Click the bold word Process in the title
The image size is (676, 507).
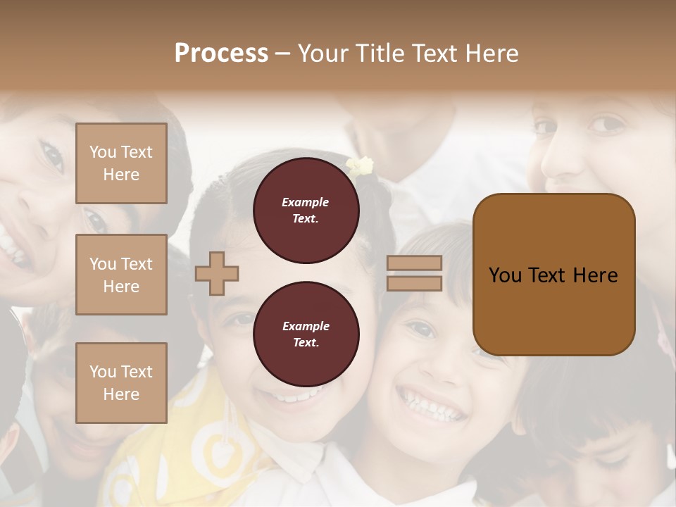coord(221,53)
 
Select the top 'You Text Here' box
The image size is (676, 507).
coord(121,163)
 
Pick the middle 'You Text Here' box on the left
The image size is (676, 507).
coord(121,275)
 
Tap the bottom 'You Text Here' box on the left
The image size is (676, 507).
coord(121,383)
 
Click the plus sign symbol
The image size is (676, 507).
coord(217,274)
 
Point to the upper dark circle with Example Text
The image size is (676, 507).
coord(306,211)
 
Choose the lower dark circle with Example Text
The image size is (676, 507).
coord(306,334)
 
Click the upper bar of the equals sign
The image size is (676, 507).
coord(414,263)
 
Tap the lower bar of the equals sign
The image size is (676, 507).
coord(414,283)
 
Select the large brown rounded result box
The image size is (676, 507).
coord(553,274)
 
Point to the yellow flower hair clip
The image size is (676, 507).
coord(360,167)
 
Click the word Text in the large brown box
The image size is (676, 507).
coord(546,275)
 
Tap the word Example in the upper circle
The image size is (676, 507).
coord(306,202)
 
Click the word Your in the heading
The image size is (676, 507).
coord(323,53)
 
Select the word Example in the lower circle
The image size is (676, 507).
coord(306,326)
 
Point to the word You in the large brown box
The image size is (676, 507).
coord(505,275)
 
